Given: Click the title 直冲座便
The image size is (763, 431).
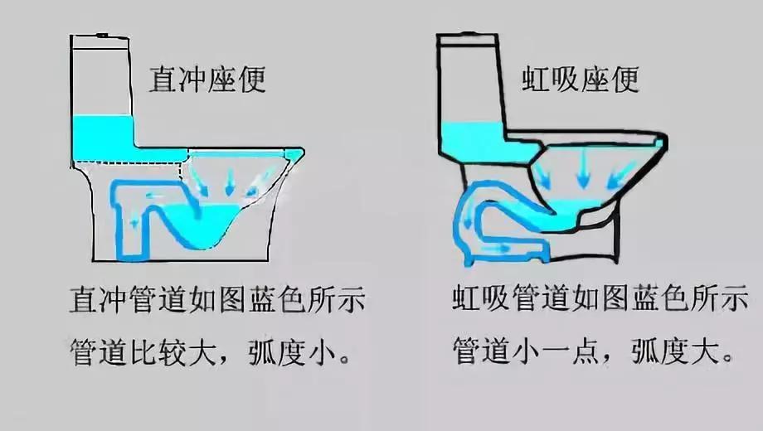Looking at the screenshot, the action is pos(207,80).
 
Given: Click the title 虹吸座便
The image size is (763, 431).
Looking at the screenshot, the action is pos(581,80).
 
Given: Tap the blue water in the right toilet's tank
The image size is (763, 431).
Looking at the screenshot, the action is pos(473,141).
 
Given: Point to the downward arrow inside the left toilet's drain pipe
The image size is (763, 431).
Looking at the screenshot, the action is pos(134,224).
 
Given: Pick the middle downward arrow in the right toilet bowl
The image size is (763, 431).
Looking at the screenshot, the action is pos(582,172).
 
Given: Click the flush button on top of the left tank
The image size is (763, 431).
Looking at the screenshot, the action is pos(102,35).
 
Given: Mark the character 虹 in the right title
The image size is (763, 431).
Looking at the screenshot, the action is pos(537,80).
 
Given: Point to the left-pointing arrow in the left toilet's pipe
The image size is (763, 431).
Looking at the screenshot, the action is pos(156,196).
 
